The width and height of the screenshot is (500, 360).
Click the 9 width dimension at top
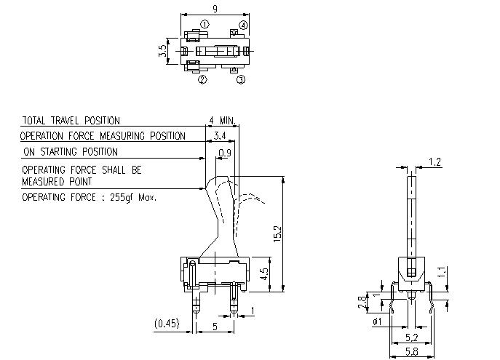(x=215, y=9)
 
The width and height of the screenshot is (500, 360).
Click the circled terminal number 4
(x=243, y=25)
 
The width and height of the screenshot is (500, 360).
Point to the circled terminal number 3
(x=241, y=79)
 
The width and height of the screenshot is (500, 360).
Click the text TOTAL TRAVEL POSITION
(x=71, y=121)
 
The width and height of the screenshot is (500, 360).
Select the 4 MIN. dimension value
(x=223, y=120)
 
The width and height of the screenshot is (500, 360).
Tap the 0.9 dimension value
(x=225, y=153)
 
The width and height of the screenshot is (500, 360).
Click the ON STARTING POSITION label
(x=70, y=152)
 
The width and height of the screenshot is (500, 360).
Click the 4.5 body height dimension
(x=265, y=275)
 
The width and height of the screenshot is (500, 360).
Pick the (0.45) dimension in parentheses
(x=167, y=323)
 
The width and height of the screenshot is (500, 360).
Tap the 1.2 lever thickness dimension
(x=435, y=161)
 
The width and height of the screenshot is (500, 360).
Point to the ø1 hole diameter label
(x=377, y=322)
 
